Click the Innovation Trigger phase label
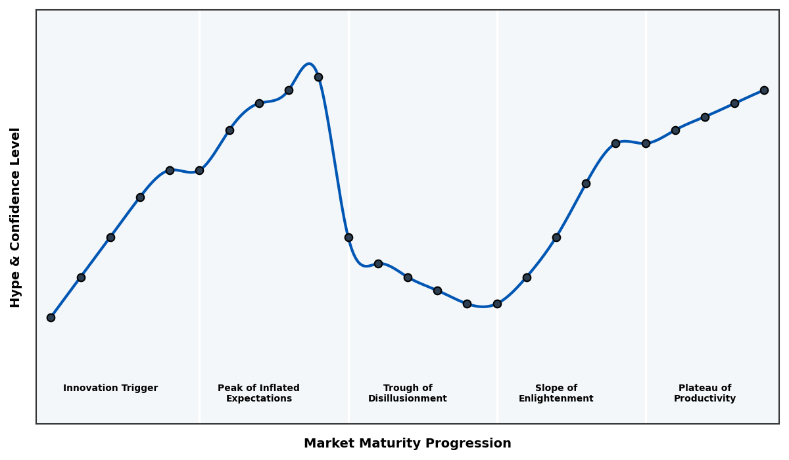[x=110, y=388]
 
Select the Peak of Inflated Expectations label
[x=258, y=393]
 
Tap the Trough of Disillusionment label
[x=408, y=393]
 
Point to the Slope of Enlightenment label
[x=556, y=393]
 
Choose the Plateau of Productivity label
[x=705, y=393]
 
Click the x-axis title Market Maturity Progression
[x=408, y=444]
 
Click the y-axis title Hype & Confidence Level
[x=16, y=217]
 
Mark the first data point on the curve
[x=51, y=317]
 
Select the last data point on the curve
[x=764, y=90]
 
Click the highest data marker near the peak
[x=318, y=77]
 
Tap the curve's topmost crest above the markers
[x=308, y=64]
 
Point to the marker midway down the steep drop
[x=348, y=237]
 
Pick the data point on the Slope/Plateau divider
[x=646, y=143]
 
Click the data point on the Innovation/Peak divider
[x=199, y=170]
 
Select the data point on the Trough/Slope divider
[x=497, y=304]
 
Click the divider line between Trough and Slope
[x=497, y=164]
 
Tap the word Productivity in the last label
[x=705, y=399]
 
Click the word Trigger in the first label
[x=141, y=388]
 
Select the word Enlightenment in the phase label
[x=556, y=399]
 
